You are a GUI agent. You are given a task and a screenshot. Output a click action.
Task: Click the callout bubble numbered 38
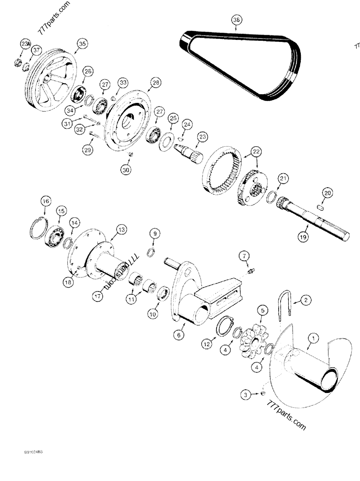coord(236,20)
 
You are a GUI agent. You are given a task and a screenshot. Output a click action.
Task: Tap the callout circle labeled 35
coord(82,44)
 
